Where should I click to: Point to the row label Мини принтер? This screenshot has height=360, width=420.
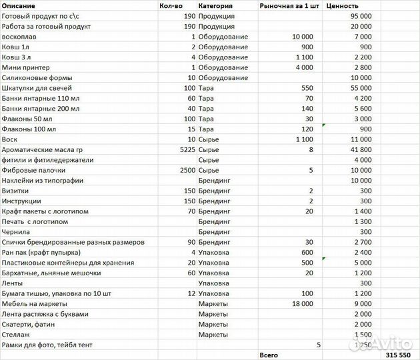[25, 67]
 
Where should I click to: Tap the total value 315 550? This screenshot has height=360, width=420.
[398, 355]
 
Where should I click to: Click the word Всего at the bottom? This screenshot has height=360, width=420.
[269, 355]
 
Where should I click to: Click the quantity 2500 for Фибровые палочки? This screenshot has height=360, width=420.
[187, 170]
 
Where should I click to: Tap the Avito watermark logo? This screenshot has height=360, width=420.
[393, 343]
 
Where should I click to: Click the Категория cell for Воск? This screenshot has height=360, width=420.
[209, 139]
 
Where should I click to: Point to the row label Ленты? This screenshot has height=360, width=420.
[13, 283]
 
